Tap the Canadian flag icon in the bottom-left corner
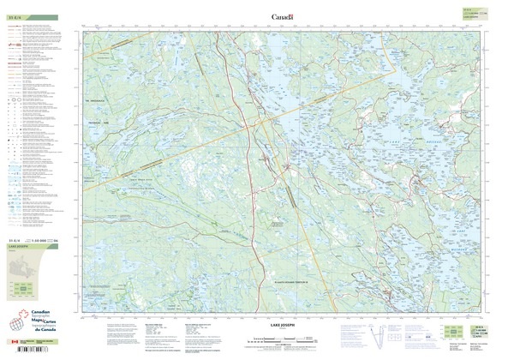tap(10, 345)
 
